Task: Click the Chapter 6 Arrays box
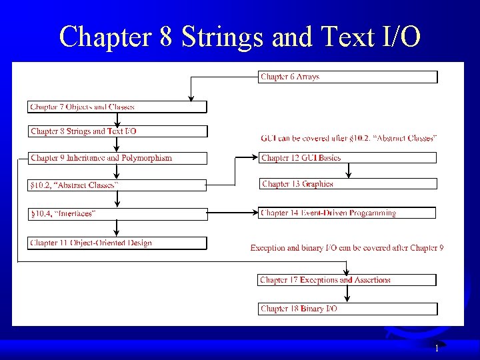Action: click(x=347, y=77)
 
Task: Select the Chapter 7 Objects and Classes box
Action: click(x=117, y=107)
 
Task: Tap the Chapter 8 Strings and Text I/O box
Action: click(x=117, y=131)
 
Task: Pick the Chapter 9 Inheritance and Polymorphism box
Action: click(x=117, y=158)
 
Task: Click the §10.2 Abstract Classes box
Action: click(x=117, y=184)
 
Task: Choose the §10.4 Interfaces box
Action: click(x=117, y=213)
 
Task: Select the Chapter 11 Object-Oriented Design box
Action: click(x=117, y=243)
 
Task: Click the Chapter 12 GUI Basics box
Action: click(x=347, y=158)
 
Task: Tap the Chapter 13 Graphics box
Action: click(x=347, y=184)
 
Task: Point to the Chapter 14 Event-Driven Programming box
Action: click(x=347, y=213)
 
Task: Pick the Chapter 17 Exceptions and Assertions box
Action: click(x=347, y=280)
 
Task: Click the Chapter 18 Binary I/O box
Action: click(x=347, y=309)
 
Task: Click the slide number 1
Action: click(x=437, y=349)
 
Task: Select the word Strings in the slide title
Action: click(x=223, y=37)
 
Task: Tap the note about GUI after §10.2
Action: click(x=349, y=138)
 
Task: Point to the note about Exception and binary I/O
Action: click(x=347, y=248)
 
